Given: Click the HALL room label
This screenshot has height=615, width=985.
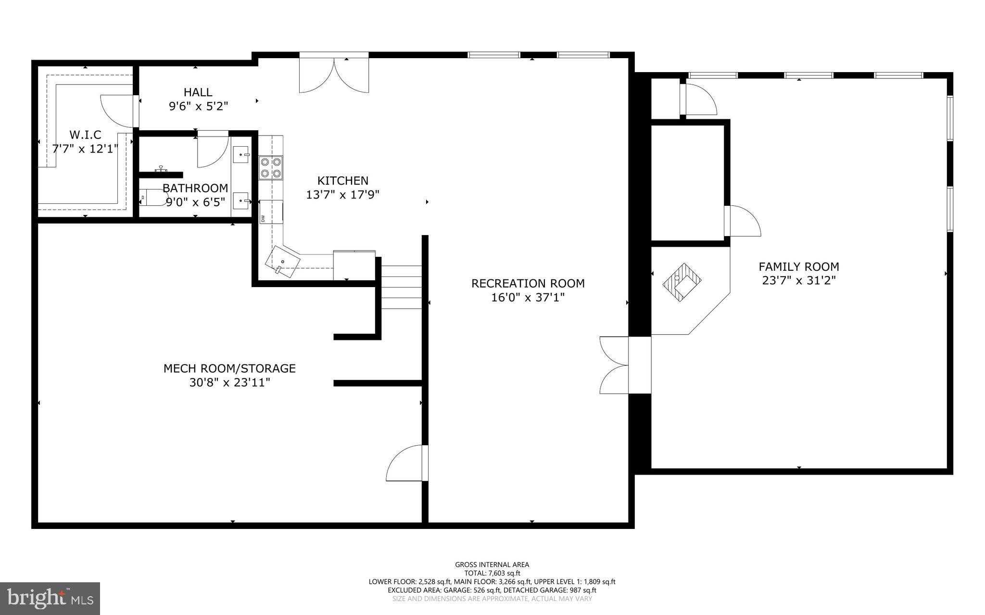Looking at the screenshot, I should click(x=198, y=92).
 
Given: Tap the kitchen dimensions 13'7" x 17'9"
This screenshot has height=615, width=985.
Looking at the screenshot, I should click(x=342, y=195).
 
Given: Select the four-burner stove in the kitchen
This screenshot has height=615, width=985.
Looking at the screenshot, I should click(x=271, y=168).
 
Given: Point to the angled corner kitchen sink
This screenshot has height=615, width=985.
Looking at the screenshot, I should click(x=282, y=262).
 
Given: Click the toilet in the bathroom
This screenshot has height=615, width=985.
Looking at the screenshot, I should click(x=152, y=198).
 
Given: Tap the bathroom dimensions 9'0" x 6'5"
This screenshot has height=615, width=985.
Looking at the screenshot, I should click(x=195, y=202).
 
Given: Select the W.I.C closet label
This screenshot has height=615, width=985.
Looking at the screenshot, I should click(x=85, y=135).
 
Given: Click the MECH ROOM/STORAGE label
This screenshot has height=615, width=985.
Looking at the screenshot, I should click(x=229, y=368).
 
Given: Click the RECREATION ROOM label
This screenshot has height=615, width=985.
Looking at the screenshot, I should click(x=528, y=283).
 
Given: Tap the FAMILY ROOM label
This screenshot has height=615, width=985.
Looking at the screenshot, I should click(x=798, y=266).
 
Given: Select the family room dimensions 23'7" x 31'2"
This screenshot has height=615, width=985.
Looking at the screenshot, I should click(x=798, y=280).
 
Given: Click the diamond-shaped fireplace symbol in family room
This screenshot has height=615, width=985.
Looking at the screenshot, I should click(x=682, y=282).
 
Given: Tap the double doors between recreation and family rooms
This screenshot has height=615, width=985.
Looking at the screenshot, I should click(x=615, y=365).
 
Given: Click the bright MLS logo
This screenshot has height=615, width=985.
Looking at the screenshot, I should click(x=50, y=598).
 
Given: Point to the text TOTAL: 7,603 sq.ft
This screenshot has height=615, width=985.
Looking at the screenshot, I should click(x=492, y=573).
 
